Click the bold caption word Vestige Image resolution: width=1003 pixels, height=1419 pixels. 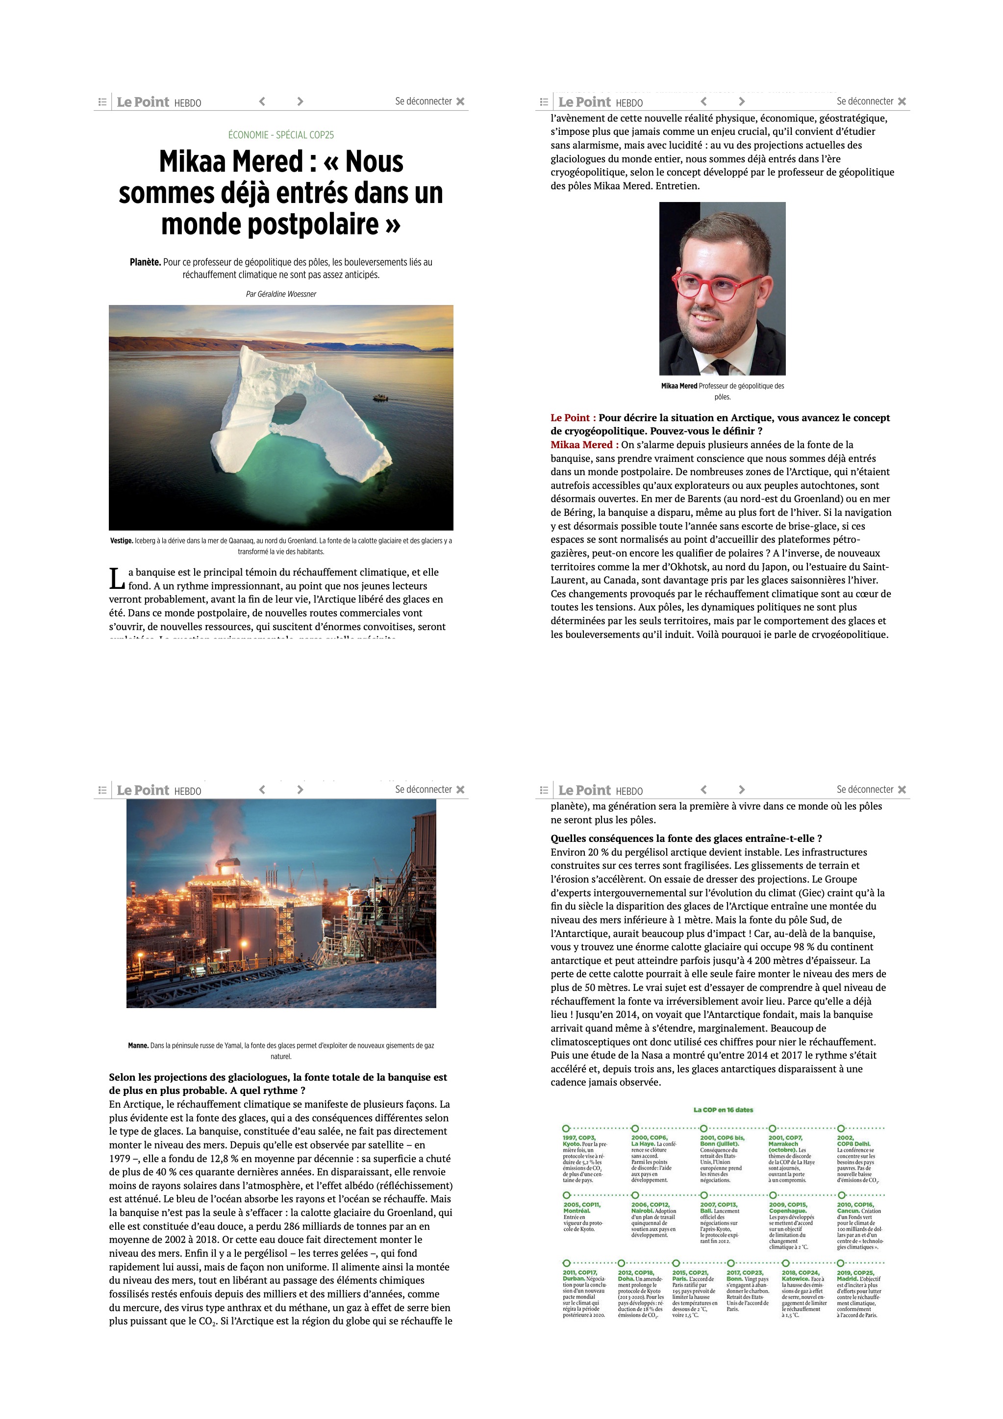tap(122, 541)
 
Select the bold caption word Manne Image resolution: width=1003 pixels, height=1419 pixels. tap(138, 1046)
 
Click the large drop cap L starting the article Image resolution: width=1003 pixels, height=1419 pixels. tap(117, 579)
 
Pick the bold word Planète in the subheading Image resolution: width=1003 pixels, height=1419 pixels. tap(145, 262)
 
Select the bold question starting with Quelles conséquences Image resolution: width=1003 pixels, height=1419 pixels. tap(686, 838)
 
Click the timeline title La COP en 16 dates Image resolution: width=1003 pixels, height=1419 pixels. tap(723, 1110)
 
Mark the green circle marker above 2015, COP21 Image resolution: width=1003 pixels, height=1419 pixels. tap(676, 1263)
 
